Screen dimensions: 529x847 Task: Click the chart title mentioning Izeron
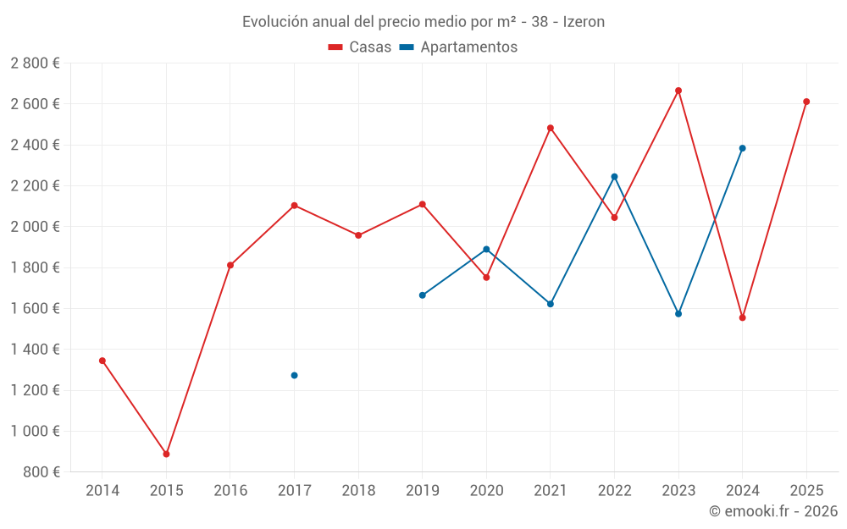click(x=423, y=22)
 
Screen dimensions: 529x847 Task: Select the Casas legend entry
click(x=360, y=47)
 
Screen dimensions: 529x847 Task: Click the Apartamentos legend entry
click(x=458, y=47)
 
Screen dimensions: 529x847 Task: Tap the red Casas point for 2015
click(x=166, y=455)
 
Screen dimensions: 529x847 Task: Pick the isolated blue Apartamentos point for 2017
click(x=294, y=375)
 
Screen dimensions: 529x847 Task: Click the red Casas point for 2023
click(x=678, y=91)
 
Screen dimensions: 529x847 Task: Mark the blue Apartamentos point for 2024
click(x=742, y=148)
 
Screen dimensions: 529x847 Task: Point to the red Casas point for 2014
click(x=102, y=361)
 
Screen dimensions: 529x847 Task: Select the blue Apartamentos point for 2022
click(x=614, y=177)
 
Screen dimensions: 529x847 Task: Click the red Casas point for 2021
click(x=551, y=128)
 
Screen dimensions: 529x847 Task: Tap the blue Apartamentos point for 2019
click(x=422, y=295)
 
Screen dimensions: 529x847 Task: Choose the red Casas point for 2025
click(x=806, y=102)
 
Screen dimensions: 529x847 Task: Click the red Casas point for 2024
click(x=742, y=318)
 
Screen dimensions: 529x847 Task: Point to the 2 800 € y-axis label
click(x=35, y=63)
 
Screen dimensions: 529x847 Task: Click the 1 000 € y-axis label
click(x=35, y=431)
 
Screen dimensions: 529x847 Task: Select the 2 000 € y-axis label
click(x=35, y=227)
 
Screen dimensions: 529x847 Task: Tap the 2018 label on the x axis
click(x=358, y=491)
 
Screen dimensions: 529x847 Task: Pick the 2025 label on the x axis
click(x=806, y=491)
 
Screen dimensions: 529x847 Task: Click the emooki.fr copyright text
click(x=772, y=511)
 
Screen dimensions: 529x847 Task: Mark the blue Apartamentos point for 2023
click(x=678, y=314)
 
